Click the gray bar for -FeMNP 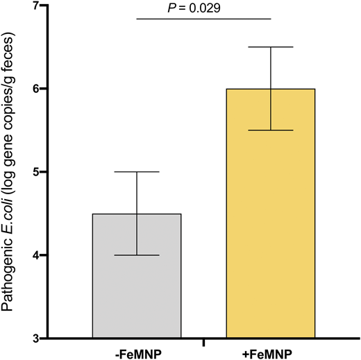tap(137, 291)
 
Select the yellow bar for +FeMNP tap(271, 229)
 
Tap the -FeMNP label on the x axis tap(137, 352)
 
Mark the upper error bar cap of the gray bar tap(137, 172)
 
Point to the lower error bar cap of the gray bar tap(137, 255)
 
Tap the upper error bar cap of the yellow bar tap(271, 47)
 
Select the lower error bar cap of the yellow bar tap(271, 130)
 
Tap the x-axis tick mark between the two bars tap(203, 342)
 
